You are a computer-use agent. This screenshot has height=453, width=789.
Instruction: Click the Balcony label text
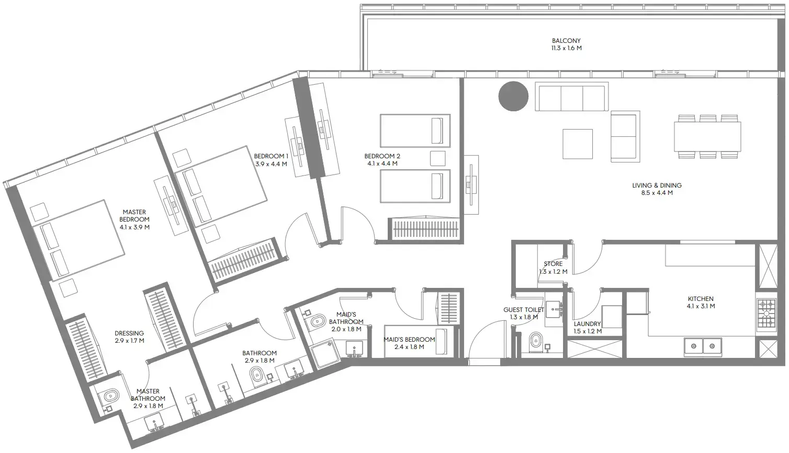coord(566,41)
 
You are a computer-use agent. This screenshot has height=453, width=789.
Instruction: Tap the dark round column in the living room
coord(513,96)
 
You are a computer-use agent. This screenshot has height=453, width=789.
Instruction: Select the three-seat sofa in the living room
coord(571,97)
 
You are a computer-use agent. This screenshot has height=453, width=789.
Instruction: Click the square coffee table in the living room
coord(578,144)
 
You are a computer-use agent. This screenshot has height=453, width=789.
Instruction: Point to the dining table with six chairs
coord(707,136)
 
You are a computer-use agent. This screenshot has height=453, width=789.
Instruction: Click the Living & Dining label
coord(657,185)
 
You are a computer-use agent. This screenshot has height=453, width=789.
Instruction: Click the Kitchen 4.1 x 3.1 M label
coord(701,303)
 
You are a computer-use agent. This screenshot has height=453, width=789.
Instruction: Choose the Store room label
coord(553,264)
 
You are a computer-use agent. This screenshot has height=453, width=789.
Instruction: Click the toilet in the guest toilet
coord(535,342)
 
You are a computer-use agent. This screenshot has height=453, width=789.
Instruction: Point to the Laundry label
coord(587,324)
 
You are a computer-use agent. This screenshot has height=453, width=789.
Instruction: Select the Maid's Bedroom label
coord(409,340)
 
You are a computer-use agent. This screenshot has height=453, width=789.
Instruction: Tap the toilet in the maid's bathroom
coord(317,322)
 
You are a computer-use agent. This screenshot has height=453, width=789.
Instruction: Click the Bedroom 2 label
coord(382,156)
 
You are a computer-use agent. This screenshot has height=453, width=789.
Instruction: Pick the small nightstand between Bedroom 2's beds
coord(437,158)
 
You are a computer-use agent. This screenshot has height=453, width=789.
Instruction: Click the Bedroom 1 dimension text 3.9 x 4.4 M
coord(271,164)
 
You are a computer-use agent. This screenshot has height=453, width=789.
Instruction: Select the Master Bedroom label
coord(134,216)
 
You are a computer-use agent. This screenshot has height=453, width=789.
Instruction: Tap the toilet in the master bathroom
coord(109,397)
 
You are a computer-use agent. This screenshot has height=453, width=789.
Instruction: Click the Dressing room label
coord(129,333)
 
